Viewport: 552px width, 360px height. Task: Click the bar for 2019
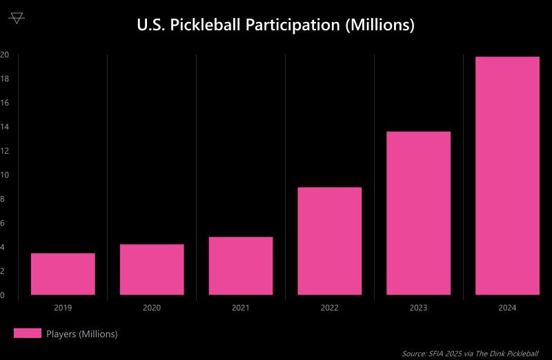(63, 274)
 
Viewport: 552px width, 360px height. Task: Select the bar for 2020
(152, 270)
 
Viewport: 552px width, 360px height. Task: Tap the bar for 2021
(241, 266)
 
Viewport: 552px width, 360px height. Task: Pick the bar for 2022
(330, 241)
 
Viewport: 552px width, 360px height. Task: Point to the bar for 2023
(419, 213)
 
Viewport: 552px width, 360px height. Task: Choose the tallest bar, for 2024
(508, 176)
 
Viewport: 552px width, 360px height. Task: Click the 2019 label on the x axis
(63, 308)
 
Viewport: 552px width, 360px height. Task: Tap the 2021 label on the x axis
(241, 308)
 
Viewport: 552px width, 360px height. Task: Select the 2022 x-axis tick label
(330, 308)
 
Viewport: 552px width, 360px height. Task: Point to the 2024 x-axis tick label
(508, 308)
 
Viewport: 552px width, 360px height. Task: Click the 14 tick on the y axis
(4, 127)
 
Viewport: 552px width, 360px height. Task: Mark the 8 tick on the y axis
(3, 199)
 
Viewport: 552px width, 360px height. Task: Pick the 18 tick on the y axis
(4, 79)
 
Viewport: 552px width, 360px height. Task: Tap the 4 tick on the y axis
(3, 247)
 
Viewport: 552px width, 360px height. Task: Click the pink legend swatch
(28, 334)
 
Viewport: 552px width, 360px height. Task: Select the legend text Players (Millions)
(82, 334)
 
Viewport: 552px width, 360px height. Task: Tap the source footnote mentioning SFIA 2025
(470, 353)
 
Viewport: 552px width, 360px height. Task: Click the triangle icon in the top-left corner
(17, 18)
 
